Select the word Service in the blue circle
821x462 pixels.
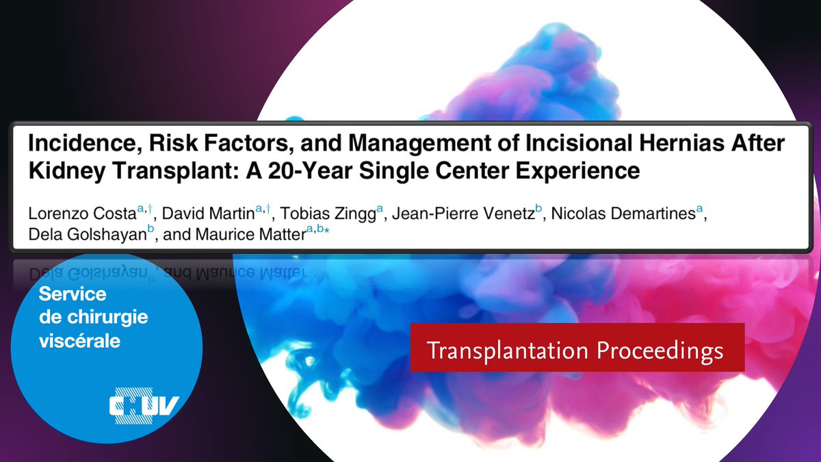pos(73,295)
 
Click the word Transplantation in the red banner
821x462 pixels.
pos(507,350)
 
